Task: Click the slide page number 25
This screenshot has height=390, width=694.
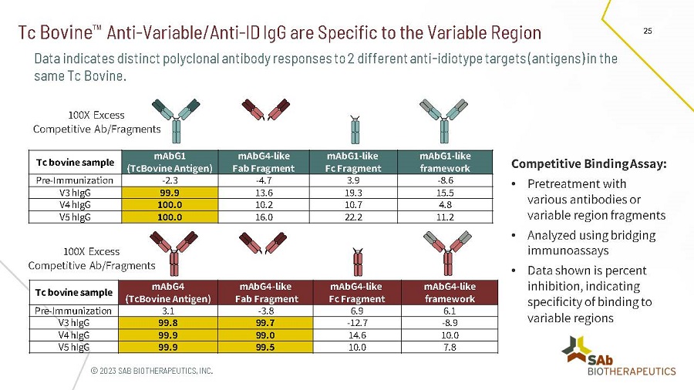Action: tap(647, 31)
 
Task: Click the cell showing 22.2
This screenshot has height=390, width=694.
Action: tap(354, 217)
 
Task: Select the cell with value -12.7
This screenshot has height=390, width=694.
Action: tap(357, 323)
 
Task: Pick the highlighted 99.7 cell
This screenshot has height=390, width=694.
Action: tap(267, 323)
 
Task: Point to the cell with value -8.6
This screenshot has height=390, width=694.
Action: tap(446, 180)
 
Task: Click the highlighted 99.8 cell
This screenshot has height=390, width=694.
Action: tap(169, 323)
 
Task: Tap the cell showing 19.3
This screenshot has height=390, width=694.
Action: tap(354, 192)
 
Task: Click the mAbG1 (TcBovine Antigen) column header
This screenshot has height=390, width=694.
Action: tap(169, 162)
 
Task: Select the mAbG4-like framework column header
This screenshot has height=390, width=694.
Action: tap(450, 293)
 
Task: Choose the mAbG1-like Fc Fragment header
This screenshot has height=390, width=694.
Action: tap(354, 162)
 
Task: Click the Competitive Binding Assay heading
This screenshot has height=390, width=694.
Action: tap(589, 163)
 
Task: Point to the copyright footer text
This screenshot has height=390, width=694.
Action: tap(151, 371)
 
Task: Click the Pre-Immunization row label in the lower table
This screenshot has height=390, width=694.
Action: tap(73, 311)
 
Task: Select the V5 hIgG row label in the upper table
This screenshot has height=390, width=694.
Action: tap(73, 217)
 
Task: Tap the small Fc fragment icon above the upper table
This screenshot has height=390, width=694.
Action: tap(355, 129)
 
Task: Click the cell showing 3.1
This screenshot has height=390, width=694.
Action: tap(169, 311)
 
